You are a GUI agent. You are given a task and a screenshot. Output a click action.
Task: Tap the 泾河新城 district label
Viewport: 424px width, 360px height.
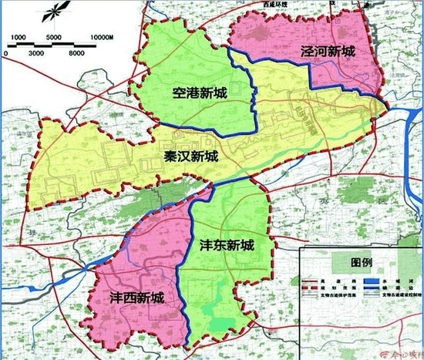click(330, 51)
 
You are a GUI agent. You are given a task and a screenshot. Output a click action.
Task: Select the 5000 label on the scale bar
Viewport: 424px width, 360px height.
click(55, 37)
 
